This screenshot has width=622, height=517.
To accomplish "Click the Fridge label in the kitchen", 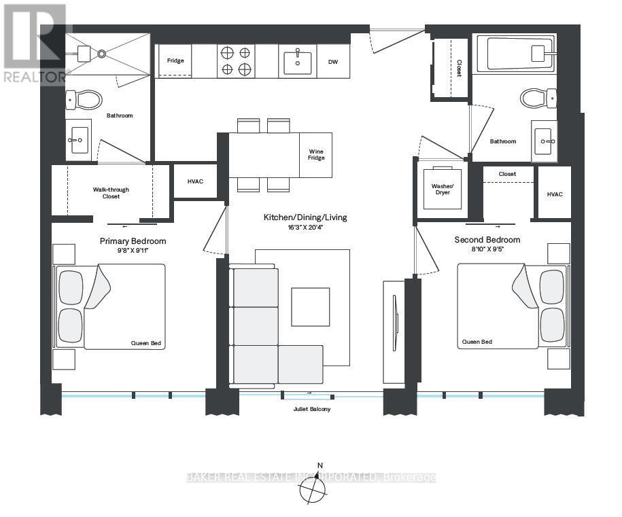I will point(175,61).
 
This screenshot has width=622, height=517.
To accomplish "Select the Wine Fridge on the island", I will point(316,155).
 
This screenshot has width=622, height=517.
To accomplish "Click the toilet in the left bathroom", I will point(84,101).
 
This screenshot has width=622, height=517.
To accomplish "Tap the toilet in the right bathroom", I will point(538,98).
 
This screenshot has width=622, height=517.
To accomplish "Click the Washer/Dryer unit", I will point(441,188).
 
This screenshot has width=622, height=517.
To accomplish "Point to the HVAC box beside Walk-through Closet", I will point(195,181).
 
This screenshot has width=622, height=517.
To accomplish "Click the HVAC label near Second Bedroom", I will point(554,194).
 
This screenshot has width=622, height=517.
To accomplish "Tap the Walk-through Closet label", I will point(111,193).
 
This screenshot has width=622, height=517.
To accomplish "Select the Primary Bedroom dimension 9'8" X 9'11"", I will point(133,251).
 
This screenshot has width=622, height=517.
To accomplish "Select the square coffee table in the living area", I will point(311,306).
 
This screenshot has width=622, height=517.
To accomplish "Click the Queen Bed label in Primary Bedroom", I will point(145,343).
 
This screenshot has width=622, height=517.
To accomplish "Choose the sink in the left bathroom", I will point(78,141).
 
